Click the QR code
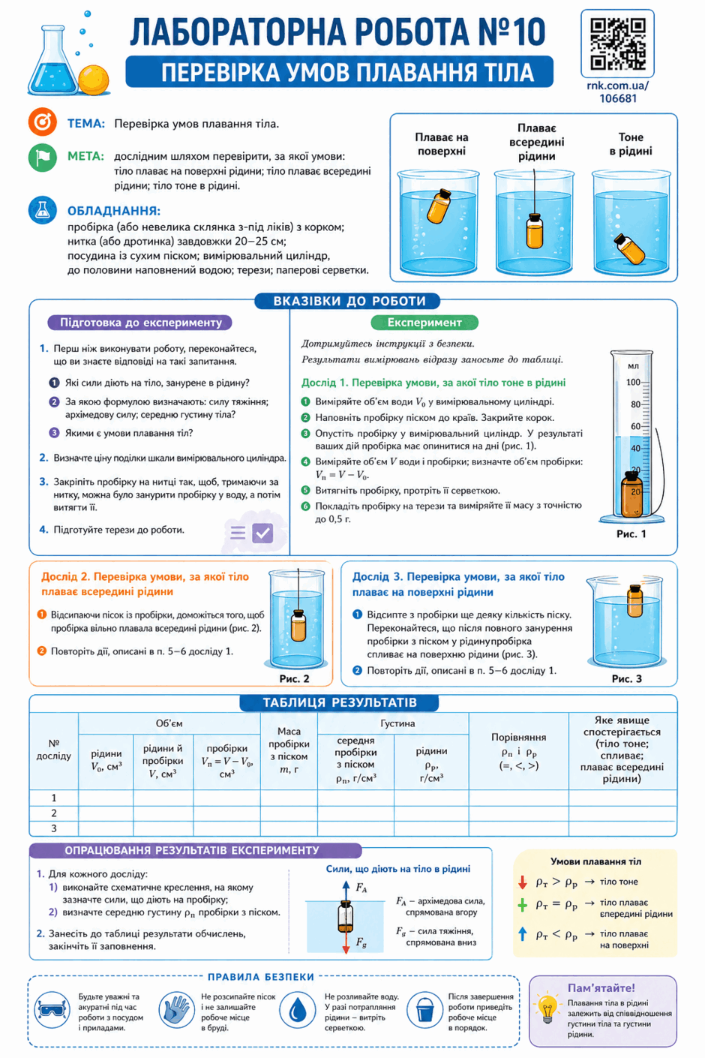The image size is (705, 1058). [x=617, y=44]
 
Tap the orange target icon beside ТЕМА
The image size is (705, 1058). [x=43, y=122]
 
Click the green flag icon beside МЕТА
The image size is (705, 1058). [x=43, y=158]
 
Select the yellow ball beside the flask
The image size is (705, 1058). [x=94, y=80]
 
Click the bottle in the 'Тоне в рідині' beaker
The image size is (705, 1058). [x=629, y=248]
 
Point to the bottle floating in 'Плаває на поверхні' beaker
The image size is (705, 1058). [x=438, y=206]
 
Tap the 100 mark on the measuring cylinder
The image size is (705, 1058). [x=633, y=382]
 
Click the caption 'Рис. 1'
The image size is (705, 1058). [x=631, y=534]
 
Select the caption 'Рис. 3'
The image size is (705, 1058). [x=626, y=679]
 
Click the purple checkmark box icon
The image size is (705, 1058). [x=262, y=534]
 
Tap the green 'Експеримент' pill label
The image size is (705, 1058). [x=424, y=323]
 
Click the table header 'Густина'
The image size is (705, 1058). [x=397, y=723]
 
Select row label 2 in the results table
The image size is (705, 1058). [x=54, y=813]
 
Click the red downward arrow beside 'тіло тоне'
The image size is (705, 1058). [x=522, y=882]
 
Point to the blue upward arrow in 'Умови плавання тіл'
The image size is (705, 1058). [x=522, y=933]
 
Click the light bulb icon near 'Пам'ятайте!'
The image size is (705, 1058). [x=547, y=1008]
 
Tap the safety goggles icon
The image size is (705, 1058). [x=52, y=1010]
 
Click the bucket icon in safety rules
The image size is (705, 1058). [x=424, y=1010]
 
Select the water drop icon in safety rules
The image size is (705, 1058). [x=298, y=1010]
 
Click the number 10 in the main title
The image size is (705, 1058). [x=529, y=32]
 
